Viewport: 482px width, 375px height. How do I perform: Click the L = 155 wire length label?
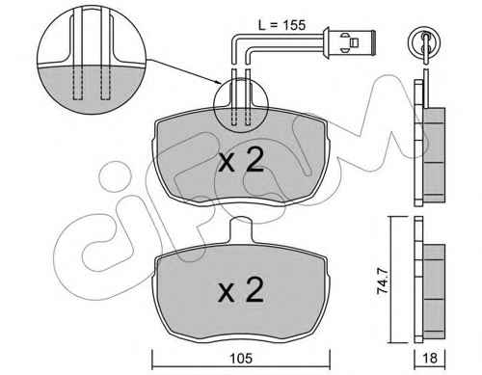(x=281, y=25)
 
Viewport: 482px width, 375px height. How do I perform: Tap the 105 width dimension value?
(x=241, y=358)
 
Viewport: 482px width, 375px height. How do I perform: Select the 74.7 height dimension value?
(x=383, y=281)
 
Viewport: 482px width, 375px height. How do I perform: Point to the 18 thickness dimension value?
(x=430, y=358)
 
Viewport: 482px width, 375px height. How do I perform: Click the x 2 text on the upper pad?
(x=241, y=160)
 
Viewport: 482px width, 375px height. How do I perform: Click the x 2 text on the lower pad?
(x=241, y=290)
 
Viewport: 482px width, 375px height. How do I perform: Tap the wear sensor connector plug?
(x=349, y=42)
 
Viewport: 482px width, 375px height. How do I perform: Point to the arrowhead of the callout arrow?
(x=219, y=83)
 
